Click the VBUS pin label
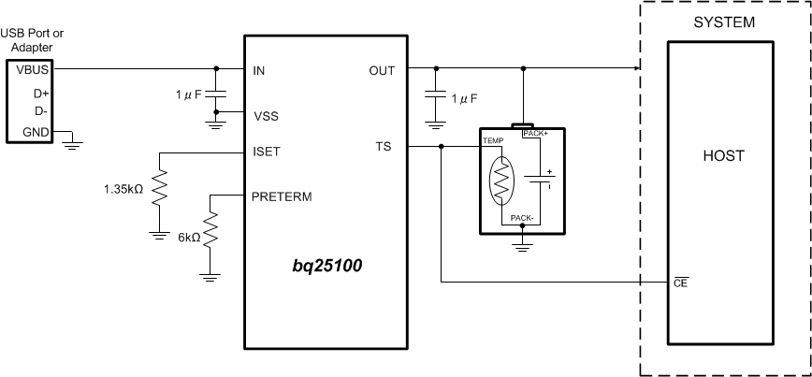click(x=22, y=68)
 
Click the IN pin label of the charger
click(x=259, y=69)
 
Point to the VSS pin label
click(x=266, y=116)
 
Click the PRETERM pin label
click(x=281, y=196)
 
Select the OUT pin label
click(x=381, y=69)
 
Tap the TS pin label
click(x=384, y=147)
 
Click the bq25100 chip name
click(x=326, y=267)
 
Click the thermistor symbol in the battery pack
click(x=503, y=180)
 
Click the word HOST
click(x=723, y=156)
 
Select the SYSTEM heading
click(x=723, y=22)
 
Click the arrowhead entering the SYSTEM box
click(x=636, y=68)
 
